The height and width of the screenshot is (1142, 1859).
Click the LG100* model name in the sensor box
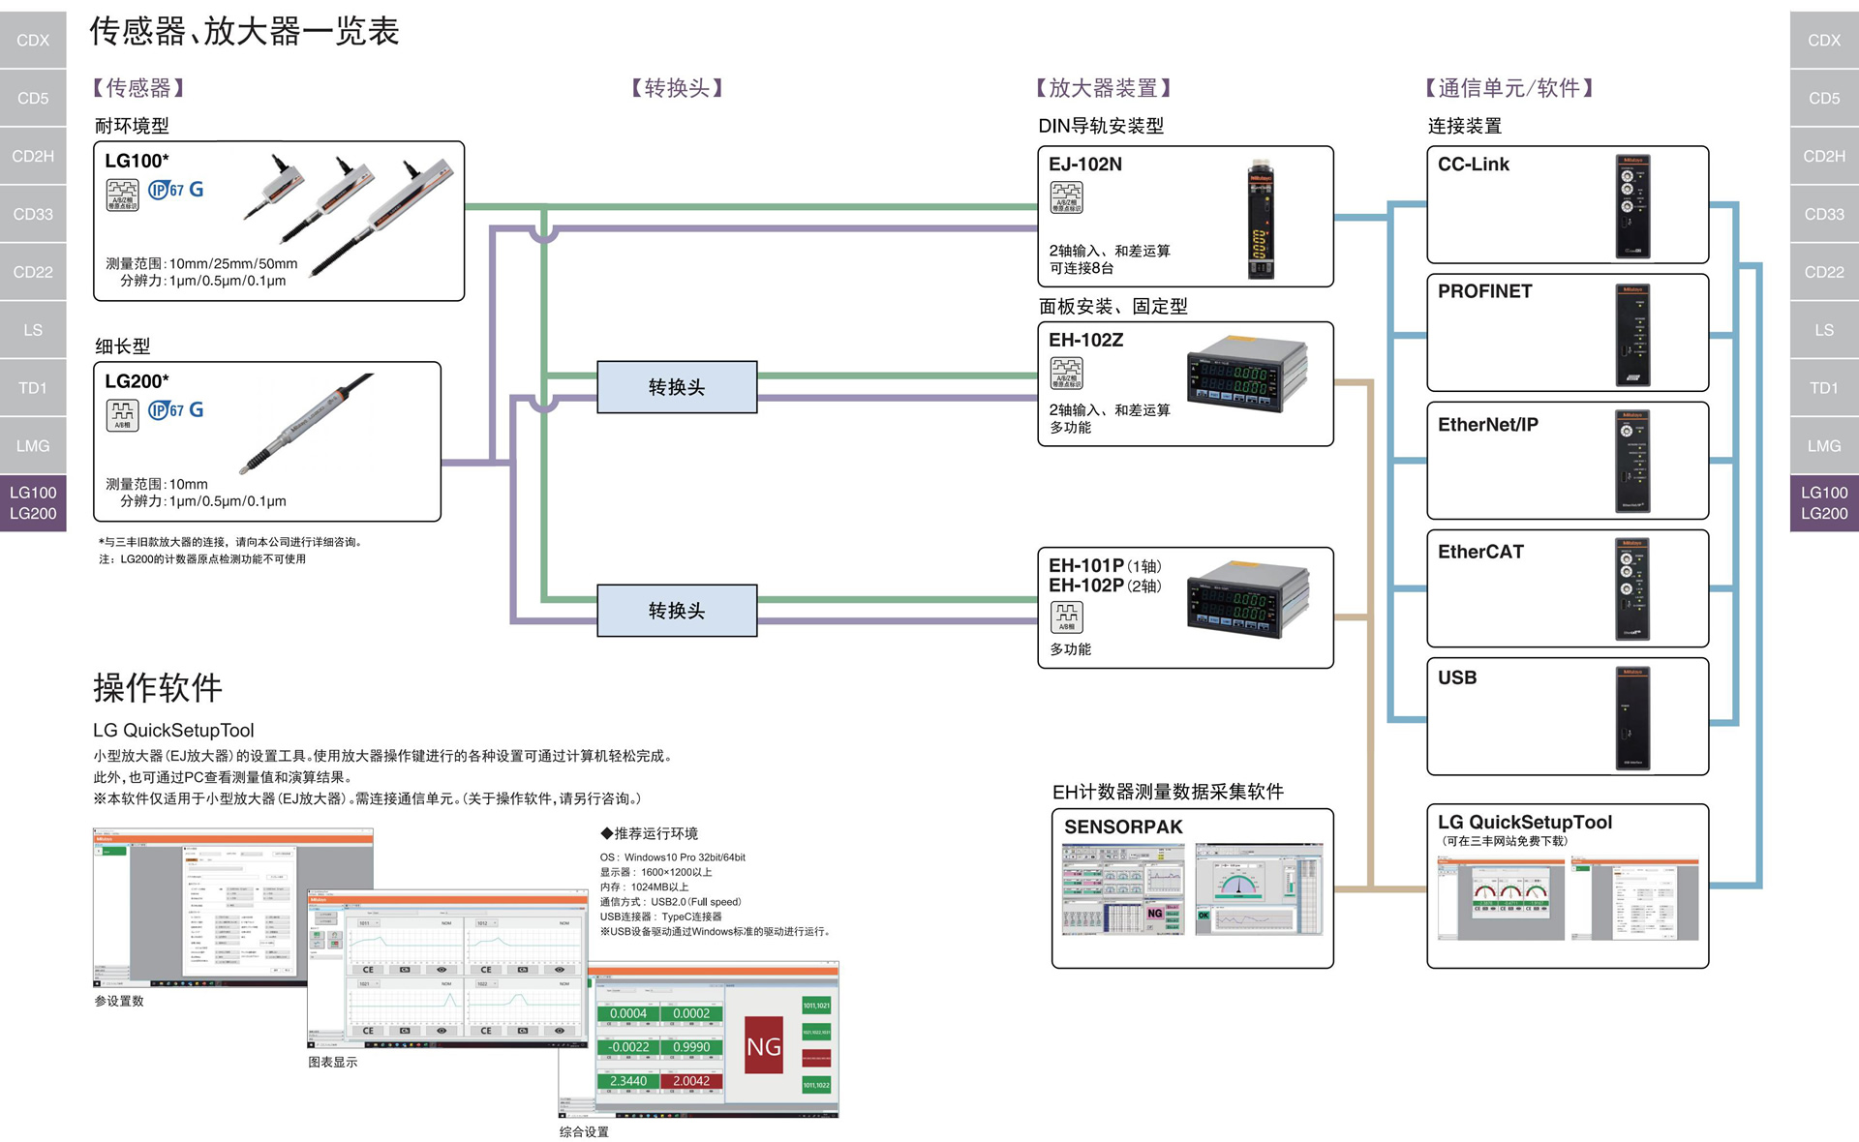137,161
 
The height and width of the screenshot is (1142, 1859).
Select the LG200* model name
137,381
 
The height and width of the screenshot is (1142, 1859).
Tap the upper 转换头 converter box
677,387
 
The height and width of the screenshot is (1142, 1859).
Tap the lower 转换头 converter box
677,611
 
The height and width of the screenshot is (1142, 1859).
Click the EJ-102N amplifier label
1085,165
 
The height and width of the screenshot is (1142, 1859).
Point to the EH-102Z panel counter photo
1247,375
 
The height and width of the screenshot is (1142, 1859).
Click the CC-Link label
1474,165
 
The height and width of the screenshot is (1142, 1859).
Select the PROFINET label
1484,291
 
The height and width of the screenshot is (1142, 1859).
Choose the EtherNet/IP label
1487,425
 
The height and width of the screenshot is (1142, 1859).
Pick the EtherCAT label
1480,552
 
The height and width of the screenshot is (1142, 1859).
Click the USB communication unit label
1457,677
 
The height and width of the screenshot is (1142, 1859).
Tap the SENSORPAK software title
1123,826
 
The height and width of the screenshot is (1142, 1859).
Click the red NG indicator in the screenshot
764,1045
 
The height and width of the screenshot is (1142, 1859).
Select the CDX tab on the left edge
33,40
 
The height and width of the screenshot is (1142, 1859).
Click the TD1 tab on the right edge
1823,388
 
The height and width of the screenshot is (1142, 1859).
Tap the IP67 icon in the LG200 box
166,410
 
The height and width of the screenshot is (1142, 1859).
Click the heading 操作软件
158,688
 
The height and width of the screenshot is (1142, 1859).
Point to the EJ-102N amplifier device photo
1260,220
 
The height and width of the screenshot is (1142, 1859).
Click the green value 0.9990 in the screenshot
691,1047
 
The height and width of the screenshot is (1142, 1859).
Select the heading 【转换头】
677,88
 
